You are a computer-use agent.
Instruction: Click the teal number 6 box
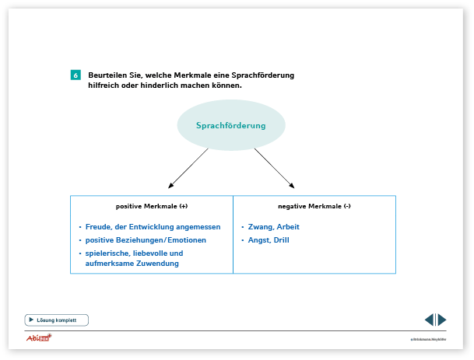[x=75, y=75]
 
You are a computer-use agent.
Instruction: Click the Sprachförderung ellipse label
[x=230, y=125]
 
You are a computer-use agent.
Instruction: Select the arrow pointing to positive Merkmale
[x=188, y=168]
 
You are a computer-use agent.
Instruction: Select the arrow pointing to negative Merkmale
[x=274, y=168]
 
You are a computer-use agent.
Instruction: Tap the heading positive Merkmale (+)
[x=152, y=206]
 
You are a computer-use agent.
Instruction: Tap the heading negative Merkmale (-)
[x=314, y=206]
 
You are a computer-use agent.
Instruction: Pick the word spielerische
[x=107, y=253]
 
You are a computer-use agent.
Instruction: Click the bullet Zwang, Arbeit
[x=273, y=227]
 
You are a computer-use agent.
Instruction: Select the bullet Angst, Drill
[x=269, y=240]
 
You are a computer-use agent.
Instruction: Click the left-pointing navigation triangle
[x=429, y=320]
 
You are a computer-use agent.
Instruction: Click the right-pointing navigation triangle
[x=442, y=320]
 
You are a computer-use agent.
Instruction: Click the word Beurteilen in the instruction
[x=107, y=75]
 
